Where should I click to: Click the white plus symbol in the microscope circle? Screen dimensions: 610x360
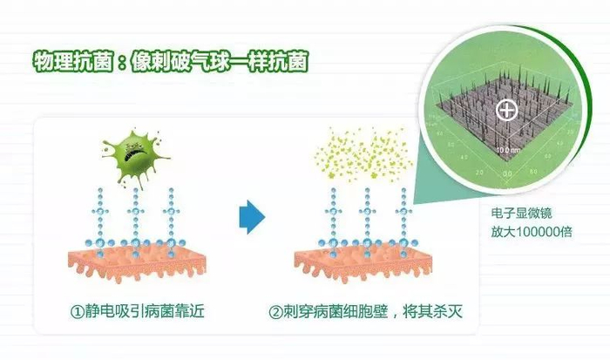point(505,110)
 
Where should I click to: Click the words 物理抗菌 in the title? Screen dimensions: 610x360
point(68,63)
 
